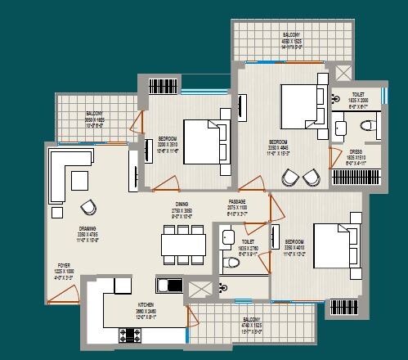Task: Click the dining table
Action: [182, 243]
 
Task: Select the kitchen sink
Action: [169, 286]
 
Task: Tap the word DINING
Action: [182, 205]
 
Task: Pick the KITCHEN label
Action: [146, 304]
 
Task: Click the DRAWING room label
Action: [65, 230]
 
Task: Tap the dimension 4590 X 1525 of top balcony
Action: [291, 41]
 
